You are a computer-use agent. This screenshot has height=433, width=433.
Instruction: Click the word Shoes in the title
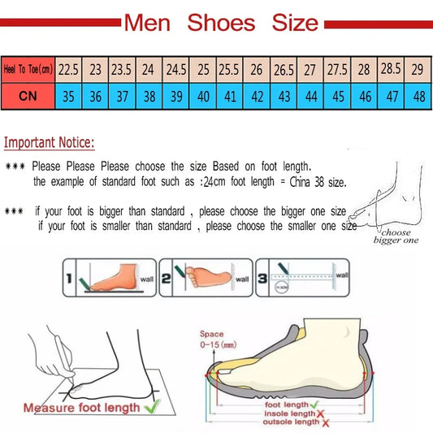click(222, 22)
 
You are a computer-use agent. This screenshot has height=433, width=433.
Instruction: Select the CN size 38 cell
click(149, 97)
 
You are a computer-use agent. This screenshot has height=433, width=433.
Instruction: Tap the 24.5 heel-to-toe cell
click(175, 70)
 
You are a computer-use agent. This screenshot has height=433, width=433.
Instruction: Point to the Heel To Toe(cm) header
click(28, 70)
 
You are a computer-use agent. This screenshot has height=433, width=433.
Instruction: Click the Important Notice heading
click(50, 143)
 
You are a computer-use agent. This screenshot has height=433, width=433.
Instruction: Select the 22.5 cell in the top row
click(68, 70)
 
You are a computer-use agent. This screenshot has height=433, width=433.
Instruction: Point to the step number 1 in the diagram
click(70, 280)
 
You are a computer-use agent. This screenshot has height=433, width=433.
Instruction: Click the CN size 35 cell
click(68, 97)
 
